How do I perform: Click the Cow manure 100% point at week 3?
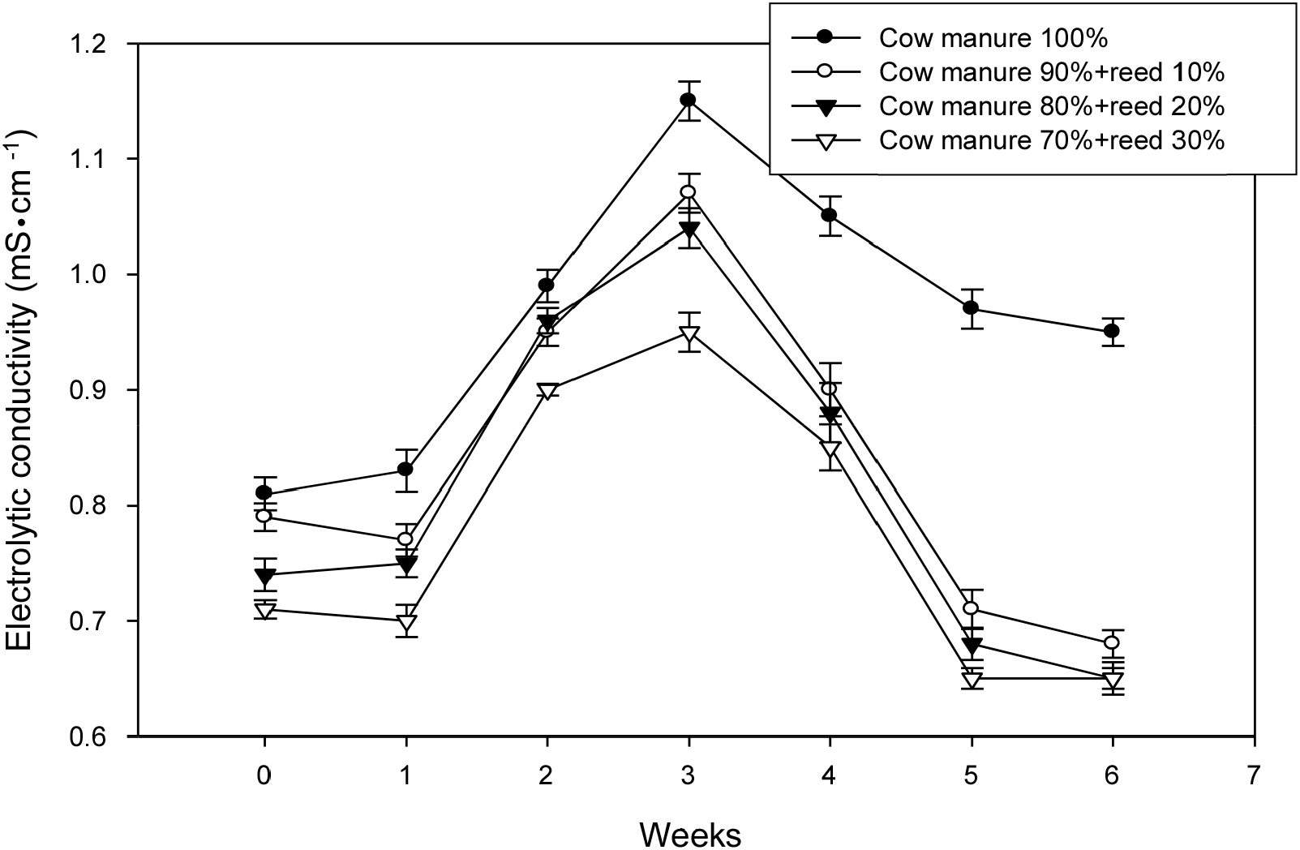coord(688,101)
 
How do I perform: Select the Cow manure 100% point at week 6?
coord(1112,331)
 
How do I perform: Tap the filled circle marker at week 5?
coord(971,308)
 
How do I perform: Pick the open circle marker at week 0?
coord(264,516)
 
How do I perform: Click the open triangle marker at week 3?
coord(688,333)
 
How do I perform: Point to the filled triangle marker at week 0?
coord(264,576)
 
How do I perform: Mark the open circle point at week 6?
coord(1112,643)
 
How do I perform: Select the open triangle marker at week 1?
coord(405,623)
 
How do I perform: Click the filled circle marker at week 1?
coord(405,470)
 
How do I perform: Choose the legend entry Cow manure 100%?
coord(993,38)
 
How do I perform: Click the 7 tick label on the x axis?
coord(1254,776)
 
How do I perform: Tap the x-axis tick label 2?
coord(547,776)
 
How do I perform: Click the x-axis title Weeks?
coord(689,833)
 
